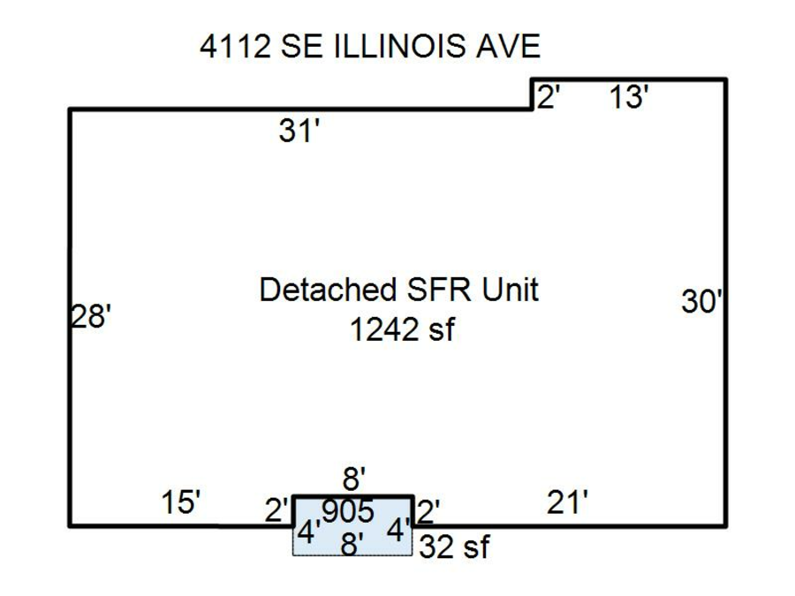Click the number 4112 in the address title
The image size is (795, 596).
click(235, 46)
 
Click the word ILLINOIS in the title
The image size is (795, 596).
click(399, 46)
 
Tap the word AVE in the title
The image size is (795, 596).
click(508, 46)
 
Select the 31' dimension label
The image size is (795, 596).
click(299, 130)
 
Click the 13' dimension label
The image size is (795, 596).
click(629, 97)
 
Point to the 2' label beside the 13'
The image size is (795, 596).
click(548, 97)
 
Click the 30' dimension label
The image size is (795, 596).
click(701, 301)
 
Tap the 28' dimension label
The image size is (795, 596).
click(91, 317)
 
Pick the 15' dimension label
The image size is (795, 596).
click(181, 502)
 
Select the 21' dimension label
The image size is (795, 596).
click(567, 502)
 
